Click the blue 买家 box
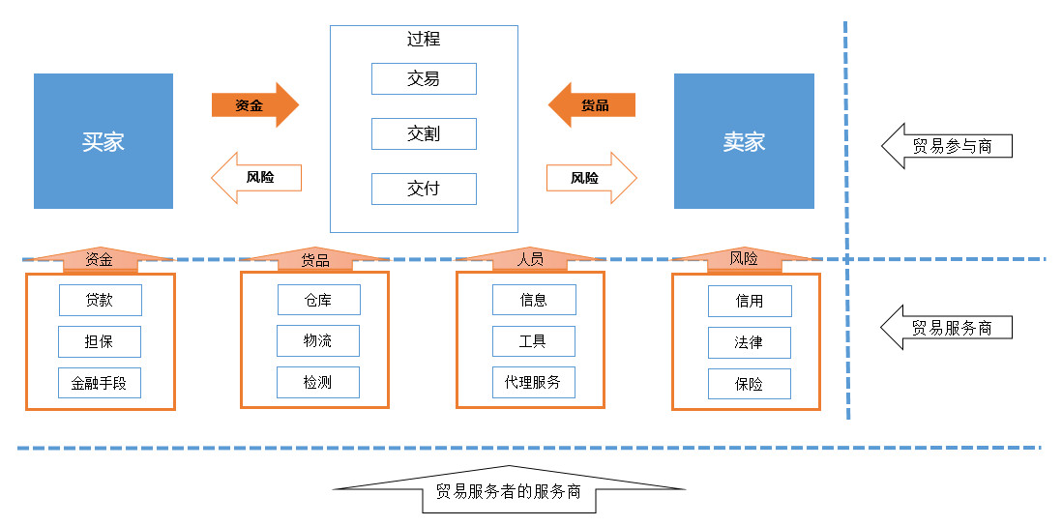coord(103,141)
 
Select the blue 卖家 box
coord(744,141)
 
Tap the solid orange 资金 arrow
coord(255,105)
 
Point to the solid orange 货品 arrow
coord(591,105)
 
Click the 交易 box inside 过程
coord(424,78)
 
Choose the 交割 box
coord(424,134)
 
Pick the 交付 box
coord(424,189)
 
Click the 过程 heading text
coord(424,39)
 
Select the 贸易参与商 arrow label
coord(947,146)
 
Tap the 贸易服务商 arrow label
coord(947,327)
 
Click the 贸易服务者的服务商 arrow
coord(510,490)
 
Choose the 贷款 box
coord(101,300)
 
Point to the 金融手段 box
coord(100,383)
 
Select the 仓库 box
coord(319,299)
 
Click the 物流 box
coord(318,340)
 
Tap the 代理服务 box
coord(534,383)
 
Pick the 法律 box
coord(750,342)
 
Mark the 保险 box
coord(750,384)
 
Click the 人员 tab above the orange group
coord(530,259)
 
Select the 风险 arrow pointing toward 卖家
coord(592,178)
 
